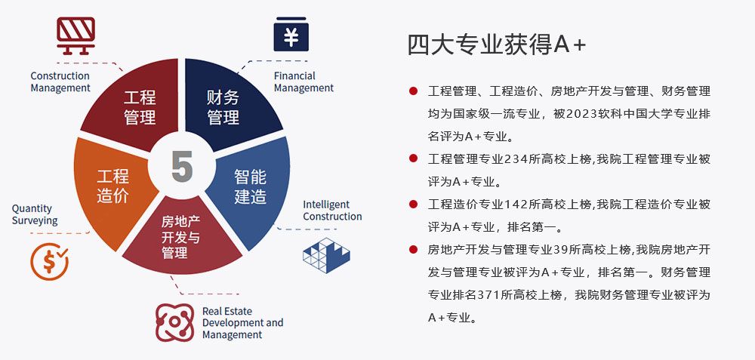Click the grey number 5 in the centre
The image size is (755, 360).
click(x=182, y=166)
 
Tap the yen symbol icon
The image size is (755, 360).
click(x=291, y=35)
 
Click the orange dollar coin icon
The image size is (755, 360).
click(x=49, y=261)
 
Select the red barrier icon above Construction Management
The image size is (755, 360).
click(x=75, y=35)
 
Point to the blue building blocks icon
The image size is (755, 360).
click(x=326, y=255)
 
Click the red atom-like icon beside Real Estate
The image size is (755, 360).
click(x=175, y=322)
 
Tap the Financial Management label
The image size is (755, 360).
click(x=304, y=82)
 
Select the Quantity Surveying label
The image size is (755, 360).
click(x=35, y=214)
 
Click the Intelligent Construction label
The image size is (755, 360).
click(x=332, y=211)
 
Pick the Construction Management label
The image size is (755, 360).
click(x=60, y=82)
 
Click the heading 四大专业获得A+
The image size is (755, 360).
click(x=497, y=45)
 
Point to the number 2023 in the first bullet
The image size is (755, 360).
click(x=583, y=114)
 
